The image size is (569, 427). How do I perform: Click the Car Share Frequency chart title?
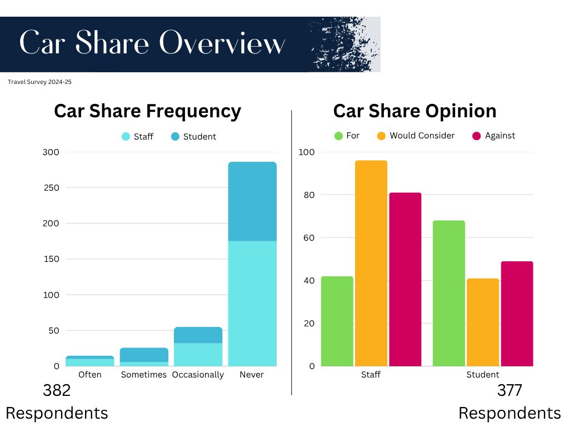click(147, 111)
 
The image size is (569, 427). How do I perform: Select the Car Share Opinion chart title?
click(415, 111)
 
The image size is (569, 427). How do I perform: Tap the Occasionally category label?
click(198, 375)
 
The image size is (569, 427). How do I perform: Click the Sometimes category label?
click(144, 375)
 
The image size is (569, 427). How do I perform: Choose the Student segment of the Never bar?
click(252, 201)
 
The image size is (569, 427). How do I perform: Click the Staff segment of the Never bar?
click(252, 303)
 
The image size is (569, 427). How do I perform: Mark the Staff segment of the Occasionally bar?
click(198, 354)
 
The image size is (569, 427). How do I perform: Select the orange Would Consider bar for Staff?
click(371, 263)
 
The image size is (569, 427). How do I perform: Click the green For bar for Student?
click(448, 293)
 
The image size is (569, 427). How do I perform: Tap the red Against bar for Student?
click(517, 314)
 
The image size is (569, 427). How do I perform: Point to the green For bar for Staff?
click(337, 321)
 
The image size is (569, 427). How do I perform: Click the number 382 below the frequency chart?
click(57, 391)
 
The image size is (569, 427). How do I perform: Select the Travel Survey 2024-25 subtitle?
click(40, 82)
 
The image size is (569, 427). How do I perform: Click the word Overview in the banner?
click(222, 44)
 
